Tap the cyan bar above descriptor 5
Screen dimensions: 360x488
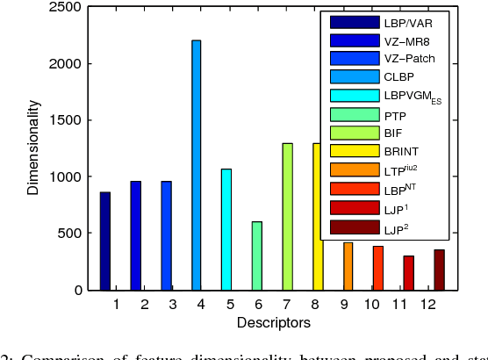(226, 229)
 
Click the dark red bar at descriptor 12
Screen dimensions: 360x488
(439, 270)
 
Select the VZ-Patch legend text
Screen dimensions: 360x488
(409, 59)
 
